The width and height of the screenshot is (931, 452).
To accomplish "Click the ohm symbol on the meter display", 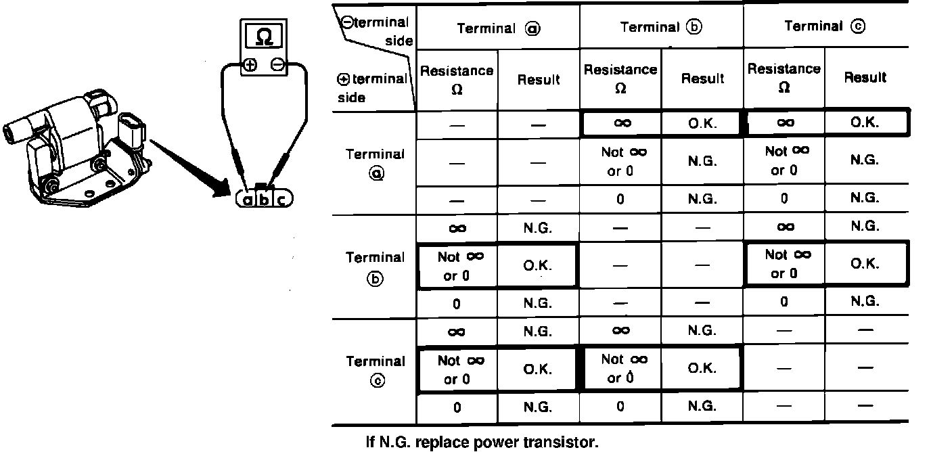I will point(265,36).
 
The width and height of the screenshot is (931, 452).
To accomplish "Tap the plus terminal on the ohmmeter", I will point(250,65).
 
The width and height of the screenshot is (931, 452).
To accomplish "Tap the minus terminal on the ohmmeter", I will point(277,65).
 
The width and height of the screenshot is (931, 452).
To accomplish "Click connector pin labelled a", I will point(248,200).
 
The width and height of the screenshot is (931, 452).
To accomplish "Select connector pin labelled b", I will point(265,200).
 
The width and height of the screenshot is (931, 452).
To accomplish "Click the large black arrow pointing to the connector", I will point(189,166).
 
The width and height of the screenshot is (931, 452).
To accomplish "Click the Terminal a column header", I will point(498,28).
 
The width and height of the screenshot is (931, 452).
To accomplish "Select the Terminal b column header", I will point(662,28).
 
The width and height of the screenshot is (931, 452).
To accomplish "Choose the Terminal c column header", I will point(825,27).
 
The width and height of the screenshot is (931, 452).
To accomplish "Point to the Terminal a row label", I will point(375,163).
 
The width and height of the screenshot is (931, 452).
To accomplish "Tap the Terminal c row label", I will point(375,370).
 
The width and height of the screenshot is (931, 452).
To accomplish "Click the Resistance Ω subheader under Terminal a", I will point(457,80).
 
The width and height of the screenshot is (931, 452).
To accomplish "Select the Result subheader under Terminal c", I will point(865,78).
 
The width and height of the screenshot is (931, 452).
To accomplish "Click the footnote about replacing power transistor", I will point(482,443).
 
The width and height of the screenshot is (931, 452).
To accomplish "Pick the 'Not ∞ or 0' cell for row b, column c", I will point(785,264).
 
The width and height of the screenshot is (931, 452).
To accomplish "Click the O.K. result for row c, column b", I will point(702,369).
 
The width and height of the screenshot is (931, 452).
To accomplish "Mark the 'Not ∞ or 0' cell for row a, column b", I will point(620,162).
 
